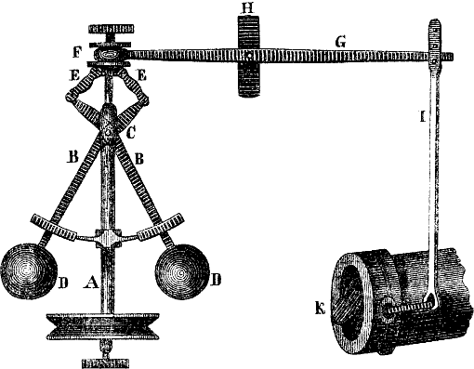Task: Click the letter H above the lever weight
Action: pos(247,8)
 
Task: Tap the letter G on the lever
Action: pos(340,42)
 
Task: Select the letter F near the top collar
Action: pos(77,53)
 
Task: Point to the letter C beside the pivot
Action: pos(131,133)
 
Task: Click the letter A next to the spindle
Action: pos(91,283)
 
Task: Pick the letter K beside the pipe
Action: pos(320,309)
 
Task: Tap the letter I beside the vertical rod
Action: pos(422,117)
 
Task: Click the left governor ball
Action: pos(29,271)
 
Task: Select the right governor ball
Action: pos(182,271)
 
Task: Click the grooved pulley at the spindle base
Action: pos(103,326)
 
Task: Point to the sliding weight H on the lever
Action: pos(248,57)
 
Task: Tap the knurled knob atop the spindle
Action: pos(111,29)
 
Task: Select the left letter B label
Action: pos(73,157)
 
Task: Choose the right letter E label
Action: pos(141,75)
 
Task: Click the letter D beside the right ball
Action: pos(216,280)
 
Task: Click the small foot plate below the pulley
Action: pos(105,363)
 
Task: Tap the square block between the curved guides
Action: pos(108,238)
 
